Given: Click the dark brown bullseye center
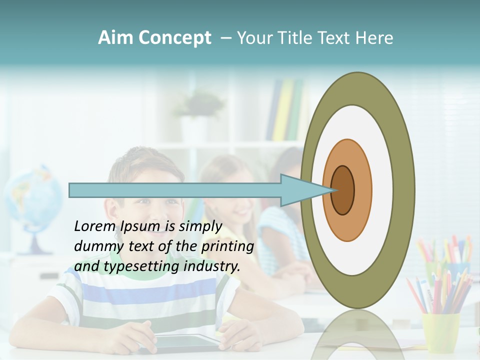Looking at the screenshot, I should [x=342, y=190].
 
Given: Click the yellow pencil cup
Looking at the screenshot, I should [x=440, y=332].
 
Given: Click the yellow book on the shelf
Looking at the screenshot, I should [x=283, y=110].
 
